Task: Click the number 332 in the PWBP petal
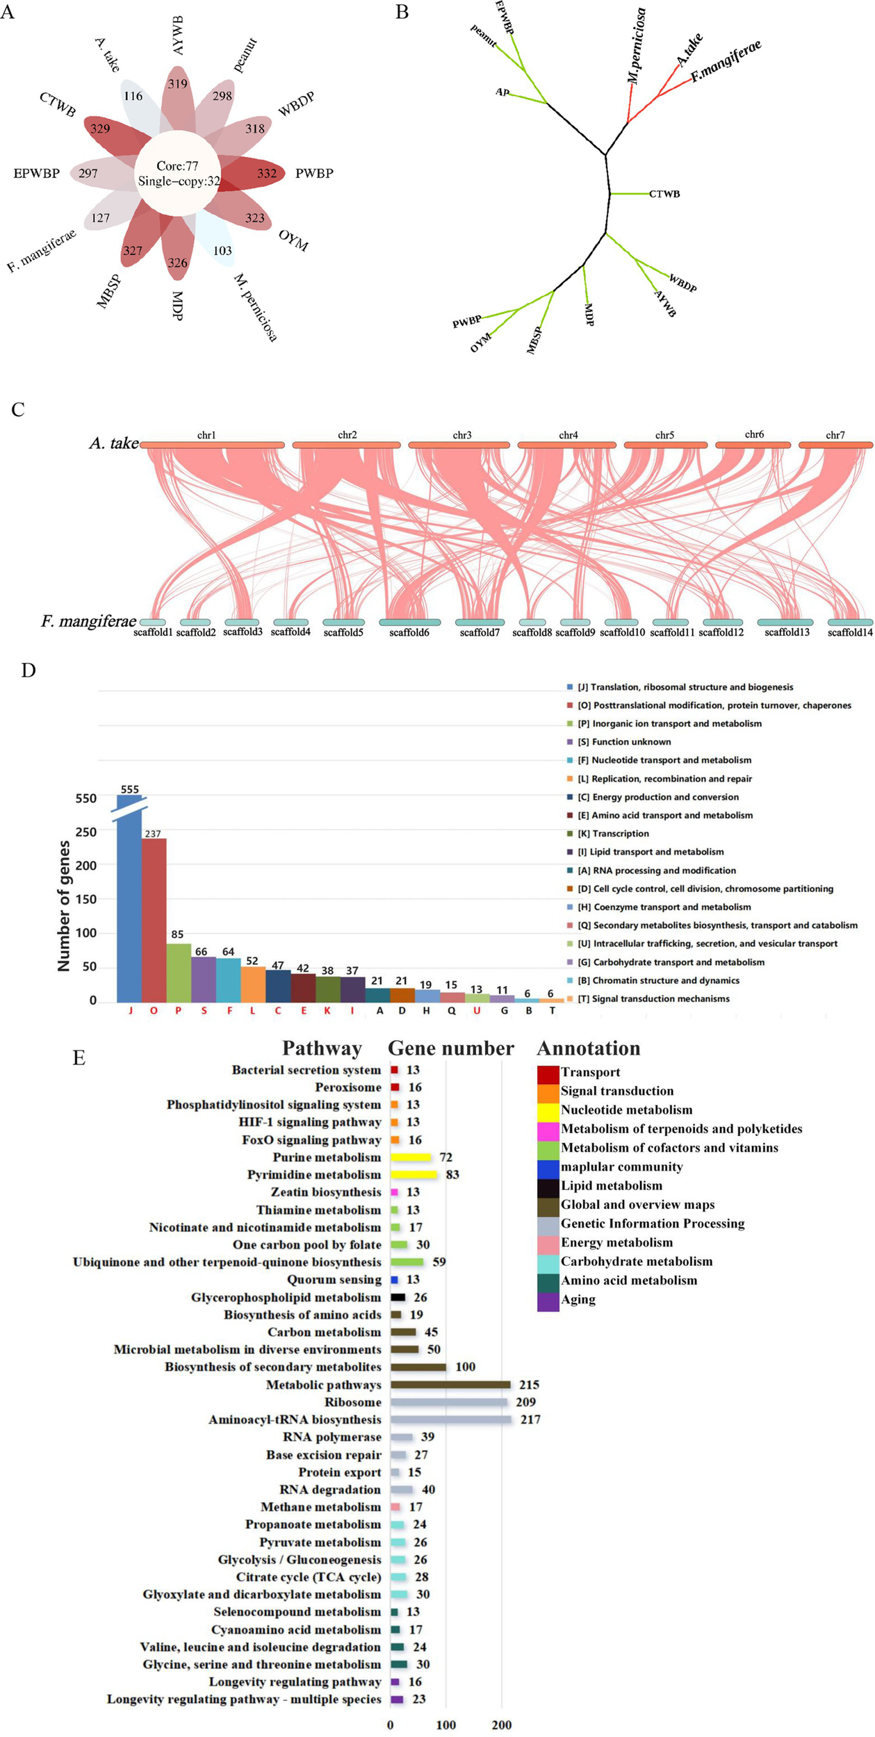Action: (x=267, y=173)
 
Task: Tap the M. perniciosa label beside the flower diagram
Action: (x=255, y=307)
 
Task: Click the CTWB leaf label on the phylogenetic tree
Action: (x=664, y=194)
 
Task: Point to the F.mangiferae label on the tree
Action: (x=726, y=61)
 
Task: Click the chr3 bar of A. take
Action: (x=459, y=445)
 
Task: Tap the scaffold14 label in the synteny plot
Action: (x=850, y=633)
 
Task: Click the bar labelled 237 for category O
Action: (x=154, y=919)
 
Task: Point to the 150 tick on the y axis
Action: (x=86, y=899)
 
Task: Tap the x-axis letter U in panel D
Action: (x=477, y=1011)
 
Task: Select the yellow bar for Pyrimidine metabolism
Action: (x=414, y=1175)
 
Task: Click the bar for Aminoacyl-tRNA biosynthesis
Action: (x=450, y=1419)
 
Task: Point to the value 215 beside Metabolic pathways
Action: (x=529, y=1385)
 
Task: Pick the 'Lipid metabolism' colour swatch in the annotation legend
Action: (x=548, y=1186)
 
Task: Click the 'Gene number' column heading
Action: (x=450, y=1048)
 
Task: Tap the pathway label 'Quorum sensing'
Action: (x=334, y=1280)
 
